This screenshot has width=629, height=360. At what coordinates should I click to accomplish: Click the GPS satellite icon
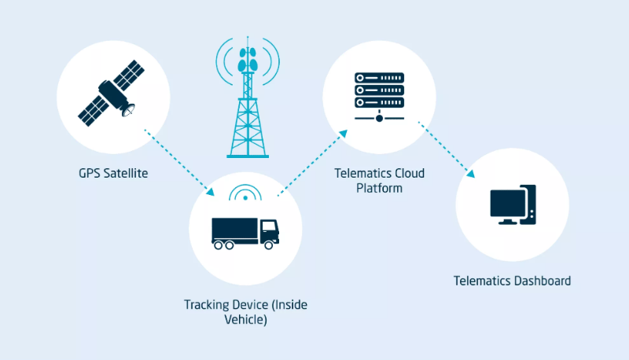tap(111, 93)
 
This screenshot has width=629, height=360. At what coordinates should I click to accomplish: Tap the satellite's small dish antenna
tap(129, 110)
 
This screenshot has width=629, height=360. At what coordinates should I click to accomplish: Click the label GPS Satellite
tap(113, 173)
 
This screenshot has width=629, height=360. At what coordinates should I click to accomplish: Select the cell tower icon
tap(248, 97)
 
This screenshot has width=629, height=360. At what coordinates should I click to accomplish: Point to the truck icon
tap(245, 233)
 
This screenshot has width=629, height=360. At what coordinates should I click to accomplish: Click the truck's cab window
tap(269, 226)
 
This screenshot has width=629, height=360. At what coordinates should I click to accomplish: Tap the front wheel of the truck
tap(269, 245)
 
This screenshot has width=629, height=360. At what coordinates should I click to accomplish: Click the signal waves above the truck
tap(245, 193)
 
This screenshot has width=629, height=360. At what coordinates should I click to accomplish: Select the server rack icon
tap(379, 97)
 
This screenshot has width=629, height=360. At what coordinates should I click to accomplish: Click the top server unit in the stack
tap(379, 78)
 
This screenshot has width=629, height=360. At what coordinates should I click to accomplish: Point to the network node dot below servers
tap(379, 118)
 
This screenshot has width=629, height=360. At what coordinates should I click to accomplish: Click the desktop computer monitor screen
tap(508, 203)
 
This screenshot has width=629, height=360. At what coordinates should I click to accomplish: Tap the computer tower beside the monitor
tap(529, 204)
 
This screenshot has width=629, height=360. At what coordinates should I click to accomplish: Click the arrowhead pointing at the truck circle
tap(210, 192)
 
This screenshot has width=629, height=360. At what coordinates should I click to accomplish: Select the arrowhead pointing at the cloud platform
tap(343, 134)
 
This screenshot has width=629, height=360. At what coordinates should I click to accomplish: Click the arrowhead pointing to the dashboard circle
tap(470, 173)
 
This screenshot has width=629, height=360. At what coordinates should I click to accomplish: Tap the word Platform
tap(379, 188)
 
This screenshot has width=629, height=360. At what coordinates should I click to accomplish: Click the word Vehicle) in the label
tap(245, 319)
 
